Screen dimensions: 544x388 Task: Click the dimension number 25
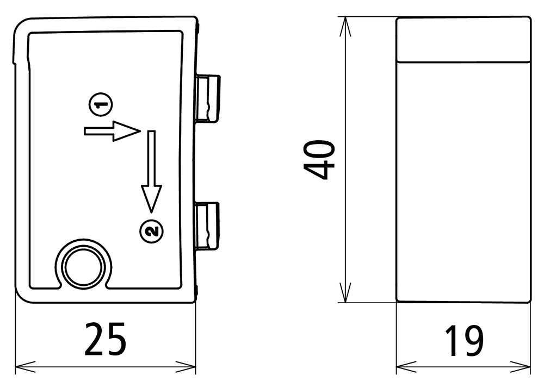(105, 339)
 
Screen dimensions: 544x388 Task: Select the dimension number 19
(464, 341)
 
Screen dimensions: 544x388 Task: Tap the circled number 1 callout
(101, 104)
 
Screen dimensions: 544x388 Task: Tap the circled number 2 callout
(152, 231)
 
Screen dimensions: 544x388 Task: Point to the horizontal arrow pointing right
(112, 131)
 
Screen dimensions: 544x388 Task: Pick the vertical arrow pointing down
(151, 172)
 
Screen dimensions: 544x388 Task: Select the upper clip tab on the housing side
(207, 98)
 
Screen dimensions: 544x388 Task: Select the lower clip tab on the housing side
(207, 226)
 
